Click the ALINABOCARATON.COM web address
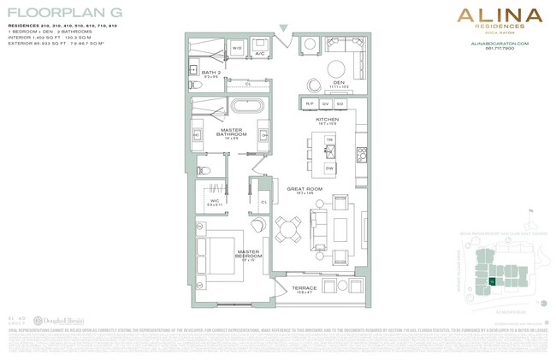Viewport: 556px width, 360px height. [x=500, y=43]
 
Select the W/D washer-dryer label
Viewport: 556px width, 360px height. [x=236, y=49]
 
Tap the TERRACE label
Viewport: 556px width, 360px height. [x=304, y=288]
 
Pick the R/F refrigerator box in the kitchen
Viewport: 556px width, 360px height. [x=310, y=103]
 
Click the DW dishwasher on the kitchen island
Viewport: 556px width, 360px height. [x=329, y=168]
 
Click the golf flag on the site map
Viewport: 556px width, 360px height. [x=531, y=210]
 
